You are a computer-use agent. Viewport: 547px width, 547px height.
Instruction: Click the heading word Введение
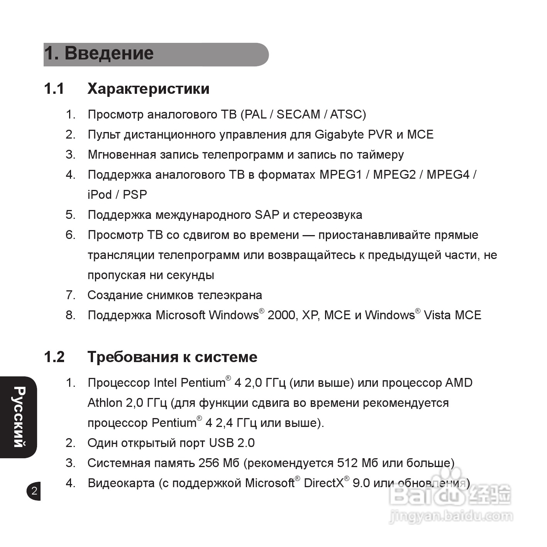click(x=109, y=53)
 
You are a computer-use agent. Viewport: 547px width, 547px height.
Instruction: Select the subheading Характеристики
click(x=148, y=89)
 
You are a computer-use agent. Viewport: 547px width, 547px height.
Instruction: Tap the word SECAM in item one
click(x=298, y=114)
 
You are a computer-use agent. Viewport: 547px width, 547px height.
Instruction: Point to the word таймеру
click(x=380, y=154)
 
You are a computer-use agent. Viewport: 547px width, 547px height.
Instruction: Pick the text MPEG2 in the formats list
click(x=394, y=174)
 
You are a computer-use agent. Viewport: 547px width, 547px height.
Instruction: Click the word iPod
click(x=100, y=195)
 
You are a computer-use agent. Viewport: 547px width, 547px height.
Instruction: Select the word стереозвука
click(x=327, y=215)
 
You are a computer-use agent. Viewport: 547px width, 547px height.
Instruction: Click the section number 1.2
click(x=54, y=357)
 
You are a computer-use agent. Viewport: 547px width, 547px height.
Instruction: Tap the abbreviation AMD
click(x=459, y=383)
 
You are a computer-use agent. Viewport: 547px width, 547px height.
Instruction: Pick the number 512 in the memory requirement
click(x=347, y=463)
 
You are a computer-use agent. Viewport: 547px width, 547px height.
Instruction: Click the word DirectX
click(x=323, y=483)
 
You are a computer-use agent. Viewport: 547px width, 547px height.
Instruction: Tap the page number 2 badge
click(x=34, y=491)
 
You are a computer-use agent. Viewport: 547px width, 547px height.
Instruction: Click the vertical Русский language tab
click(x=19, y=417)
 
